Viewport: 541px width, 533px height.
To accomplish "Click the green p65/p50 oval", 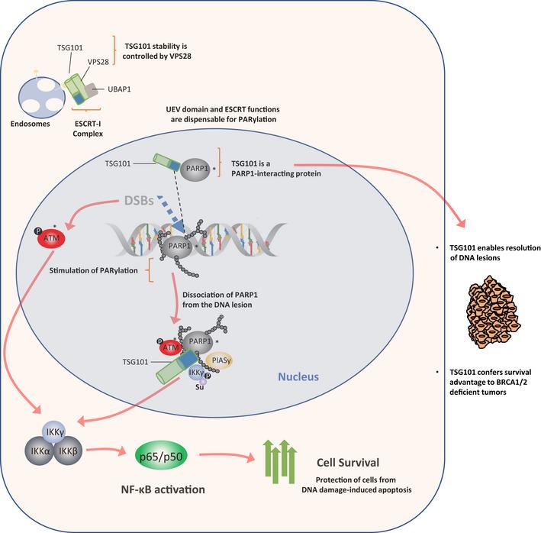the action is [x=161, y=457].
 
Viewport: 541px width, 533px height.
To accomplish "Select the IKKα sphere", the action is [x=40, y=451].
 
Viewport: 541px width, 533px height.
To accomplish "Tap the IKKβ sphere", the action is [x=68, y=451].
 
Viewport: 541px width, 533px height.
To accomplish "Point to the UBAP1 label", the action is [x=119, y=89].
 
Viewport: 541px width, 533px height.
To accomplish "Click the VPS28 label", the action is [x=98, y=62].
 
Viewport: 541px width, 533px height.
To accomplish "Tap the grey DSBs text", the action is [x=139, y=201].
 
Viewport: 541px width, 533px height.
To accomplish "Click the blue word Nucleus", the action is [x=298, y=376].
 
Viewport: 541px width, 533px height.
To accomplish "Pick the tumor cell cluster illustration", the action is [x=494, y=312].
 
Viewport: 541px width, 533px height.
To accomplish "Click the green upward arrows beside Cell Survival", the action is [x=280, y=461].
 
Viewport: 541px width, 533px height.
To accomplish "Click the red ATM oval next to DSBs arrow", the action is [x=51, y=237].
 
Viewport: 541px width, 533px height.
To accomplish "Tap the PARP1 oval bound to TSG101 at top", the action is [x=195, y=169].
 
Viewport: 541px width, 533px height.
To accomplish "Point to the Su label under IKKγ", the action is [x=199, y=387].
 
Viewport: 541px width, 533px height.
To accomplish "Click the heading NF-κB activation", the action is [x=163, y=489].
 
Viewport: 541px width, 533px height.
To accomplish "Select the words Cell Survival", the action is [x=348, y=463].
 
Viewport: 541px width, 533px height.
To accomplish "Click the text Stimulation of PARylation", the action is [x=94, y=270].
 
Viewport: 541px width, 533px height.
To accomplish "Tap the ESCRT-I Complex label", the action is [x=88, y=128].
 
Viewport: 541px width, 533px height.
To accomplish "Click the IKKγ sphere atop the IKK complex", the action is [x=54, y=431].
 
